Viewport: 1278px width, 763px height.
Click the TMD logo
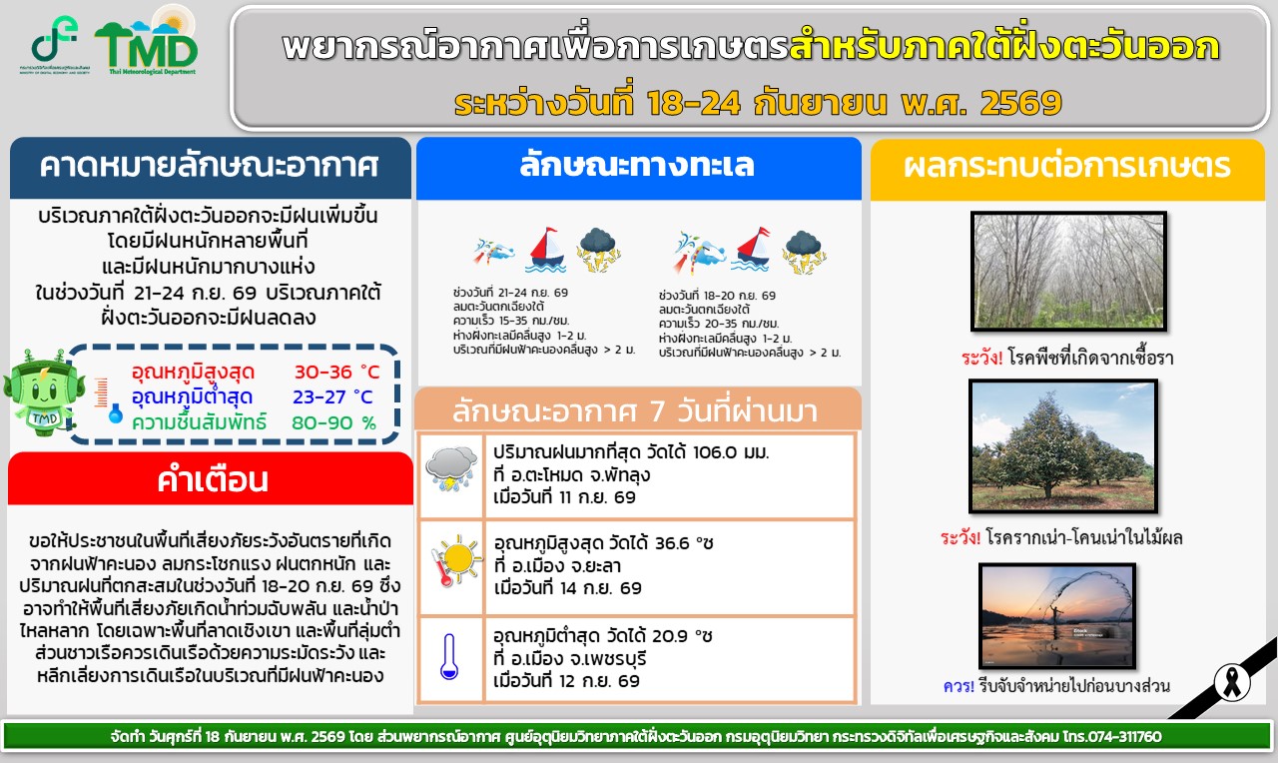coord(147,43)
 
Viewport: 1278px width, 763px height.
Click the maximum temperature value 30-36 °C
coord(336,373)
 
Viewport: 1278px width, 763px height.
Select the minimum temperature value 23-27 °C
coord(332,396)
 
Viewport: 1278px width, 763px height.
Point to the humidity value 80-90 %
coord(333,422)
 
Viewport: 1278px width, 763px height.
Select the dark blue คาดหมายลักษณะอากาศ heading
coord(211,168)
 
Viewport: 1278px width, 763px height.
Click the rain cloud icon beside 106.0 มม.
coord(451,468)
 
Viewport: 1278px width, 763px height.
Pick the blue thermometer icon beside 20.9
coord(449,656)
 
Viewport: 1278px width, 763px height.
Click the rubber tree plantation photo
coord(1068,272)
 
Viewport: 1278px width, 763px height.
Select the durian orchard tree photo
coord(1063,446)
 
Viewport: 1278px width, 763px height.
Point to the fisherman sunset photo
coord(1057,616)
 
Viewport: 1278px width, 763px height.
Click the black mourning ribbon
coord(1232,682)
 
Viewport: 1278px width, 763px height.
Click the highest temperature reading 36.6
coord(673,542)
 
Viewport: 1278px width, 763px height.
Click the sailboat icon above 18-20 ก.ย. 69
coord(753,250)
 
